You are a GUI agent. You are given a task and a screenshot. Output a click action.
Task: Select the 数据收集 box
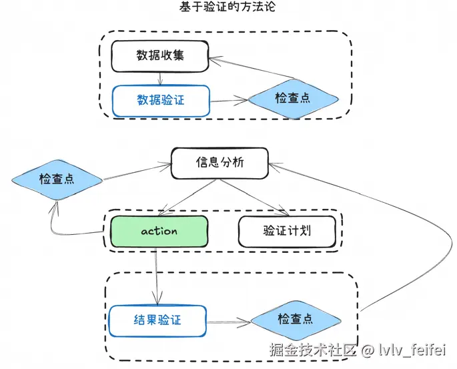160,56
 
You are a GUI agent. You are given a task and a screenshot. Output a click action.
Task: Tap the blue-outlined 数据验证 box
160,100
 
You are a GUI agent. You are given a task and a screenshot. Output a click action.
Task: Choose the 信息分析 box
220,162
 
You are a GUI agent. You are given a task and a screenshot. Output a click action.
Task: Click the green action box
159,232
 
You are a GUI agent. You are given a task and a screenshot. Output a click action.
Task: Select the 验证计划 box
287,232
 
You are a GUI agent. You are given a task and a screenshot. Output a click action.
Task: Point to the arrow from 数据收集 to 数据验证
161,78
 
